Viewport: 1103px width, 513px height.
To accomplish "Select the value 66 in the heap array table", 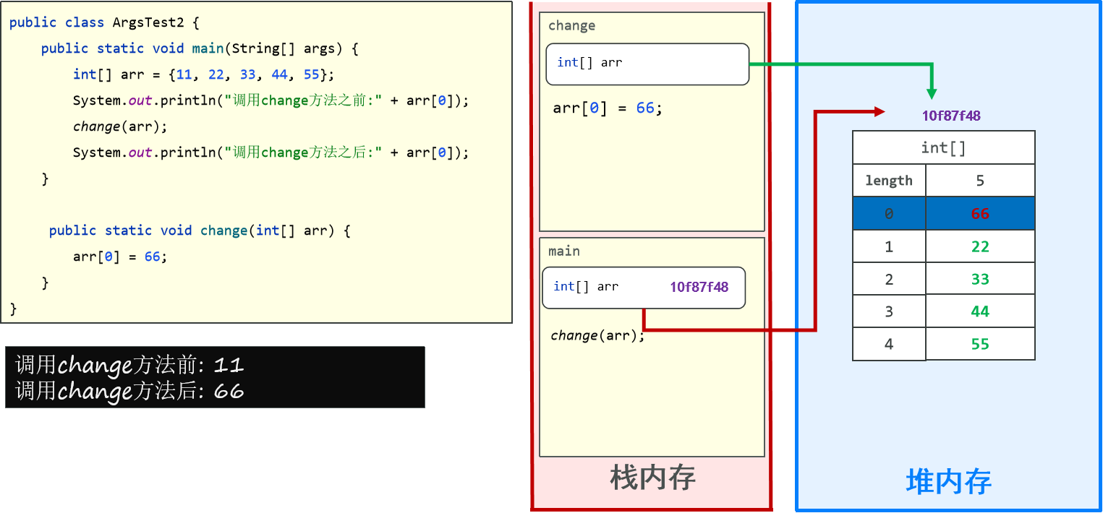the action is pyautogui.click(x=980, y=214).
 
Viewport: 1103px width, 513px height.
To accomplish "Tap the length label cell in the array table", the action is pyautogui.click(x=889, y=181).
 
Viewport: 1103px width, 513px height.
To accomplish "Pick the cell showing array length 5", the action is pyautogui.click(x=980, y=181).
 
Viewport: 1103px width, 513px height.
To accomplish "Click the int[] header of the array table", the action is pyautogui.click(x=943, y=148).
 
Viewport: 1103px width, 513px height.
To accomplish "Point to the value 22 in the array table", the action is pyautogui.click(x=980, y=247).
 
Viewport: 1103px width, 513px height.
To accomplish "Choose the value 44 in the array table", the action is pyautogui.click(x=980, y=311).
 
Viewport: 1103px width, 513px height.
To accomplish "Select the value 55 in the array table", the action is pyautogui.click(x=980, y=344).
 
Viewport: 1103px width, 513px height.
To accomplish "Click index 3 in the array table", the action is pyautogui.click(x=889, y=311).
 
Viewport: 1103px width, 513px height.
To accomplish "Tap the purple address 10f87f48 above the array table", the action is pyautogui.click(x=951, y=116).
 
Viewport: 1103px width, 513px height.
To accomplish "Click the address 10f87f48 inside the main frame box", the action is pyautogui.click(x=699, y=287).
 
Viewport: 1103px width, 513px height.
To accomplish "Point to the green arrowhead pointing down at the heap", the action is pyautogui.click(x=932, y=93).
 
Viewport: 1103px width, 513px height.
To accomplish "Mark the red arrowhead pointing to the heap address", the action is pyautogui.click(x=880, y=111).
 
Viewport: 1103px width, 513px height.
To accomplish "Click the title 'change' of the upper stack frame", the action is pyautogui.click(x=571, y=26).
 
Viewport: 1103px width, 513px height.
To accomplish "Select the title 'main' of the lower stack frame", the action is pyautogui.click(x=563, y=251).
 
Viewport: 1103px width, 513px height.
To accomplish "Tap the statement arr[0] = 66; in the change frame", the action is pyautogui.click(x=608, y=108).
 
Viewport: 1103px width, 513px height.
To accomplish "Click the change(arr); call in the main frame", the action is pyautogui.click(x=597, y=335).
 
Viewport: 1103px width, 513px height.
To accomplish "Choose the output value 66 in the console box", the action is pyautogui.click(x=229, y=392).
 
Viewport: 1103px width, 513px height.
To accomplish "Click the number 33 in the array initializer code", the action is pyautogui.click(x=247, y=74).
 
